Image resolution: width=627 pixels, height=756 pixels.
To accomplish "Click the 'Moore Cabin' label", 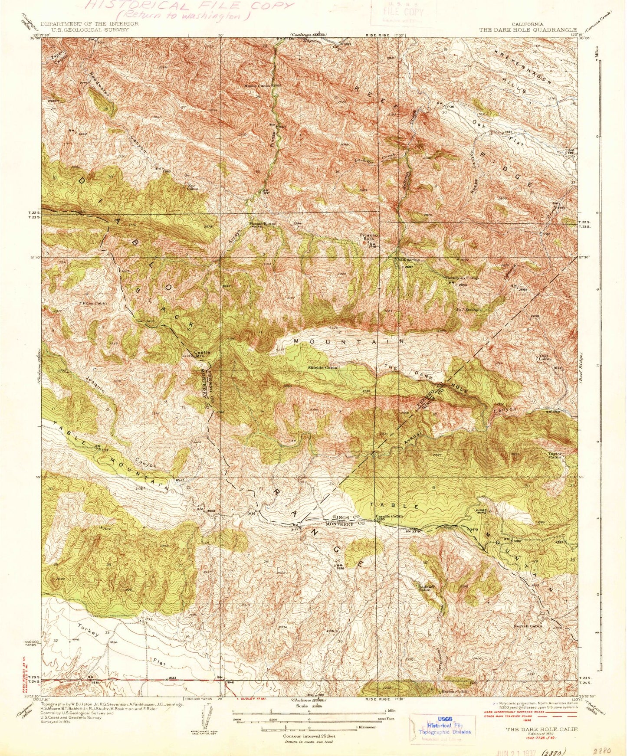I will (259, 85).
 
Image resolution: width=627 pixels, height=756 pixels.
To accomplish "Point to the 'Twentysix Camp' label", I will (460, 278).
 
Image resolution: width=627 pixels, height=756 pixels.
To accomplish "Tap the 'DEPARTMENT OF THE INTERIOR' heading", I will (89, 24).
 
